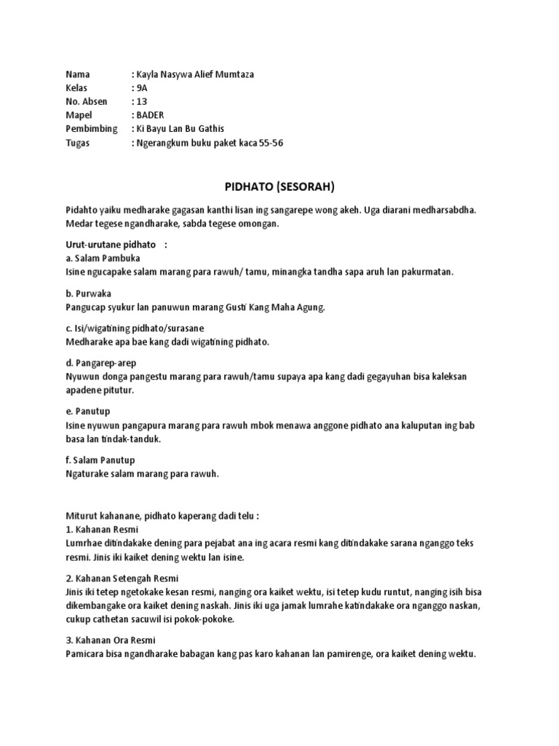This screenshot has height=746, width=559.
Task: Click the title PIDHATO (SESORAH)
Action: click(279, 187)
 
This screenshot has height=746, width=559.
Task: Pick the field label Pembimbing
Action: click(92, 129)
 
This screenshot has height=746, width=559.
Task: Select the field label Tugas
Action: click(78, 143)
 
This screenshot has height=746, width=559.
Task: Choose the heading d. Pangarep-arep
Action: click(100, 363)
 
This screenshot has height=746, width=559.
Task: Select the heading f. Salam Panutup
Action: click(100, 460)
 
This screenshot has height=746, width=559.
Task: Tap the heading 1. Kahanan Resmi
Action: click(102, 530)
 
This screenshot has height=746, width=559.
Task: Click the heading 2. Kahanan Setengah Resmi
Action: click(122, 578)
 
